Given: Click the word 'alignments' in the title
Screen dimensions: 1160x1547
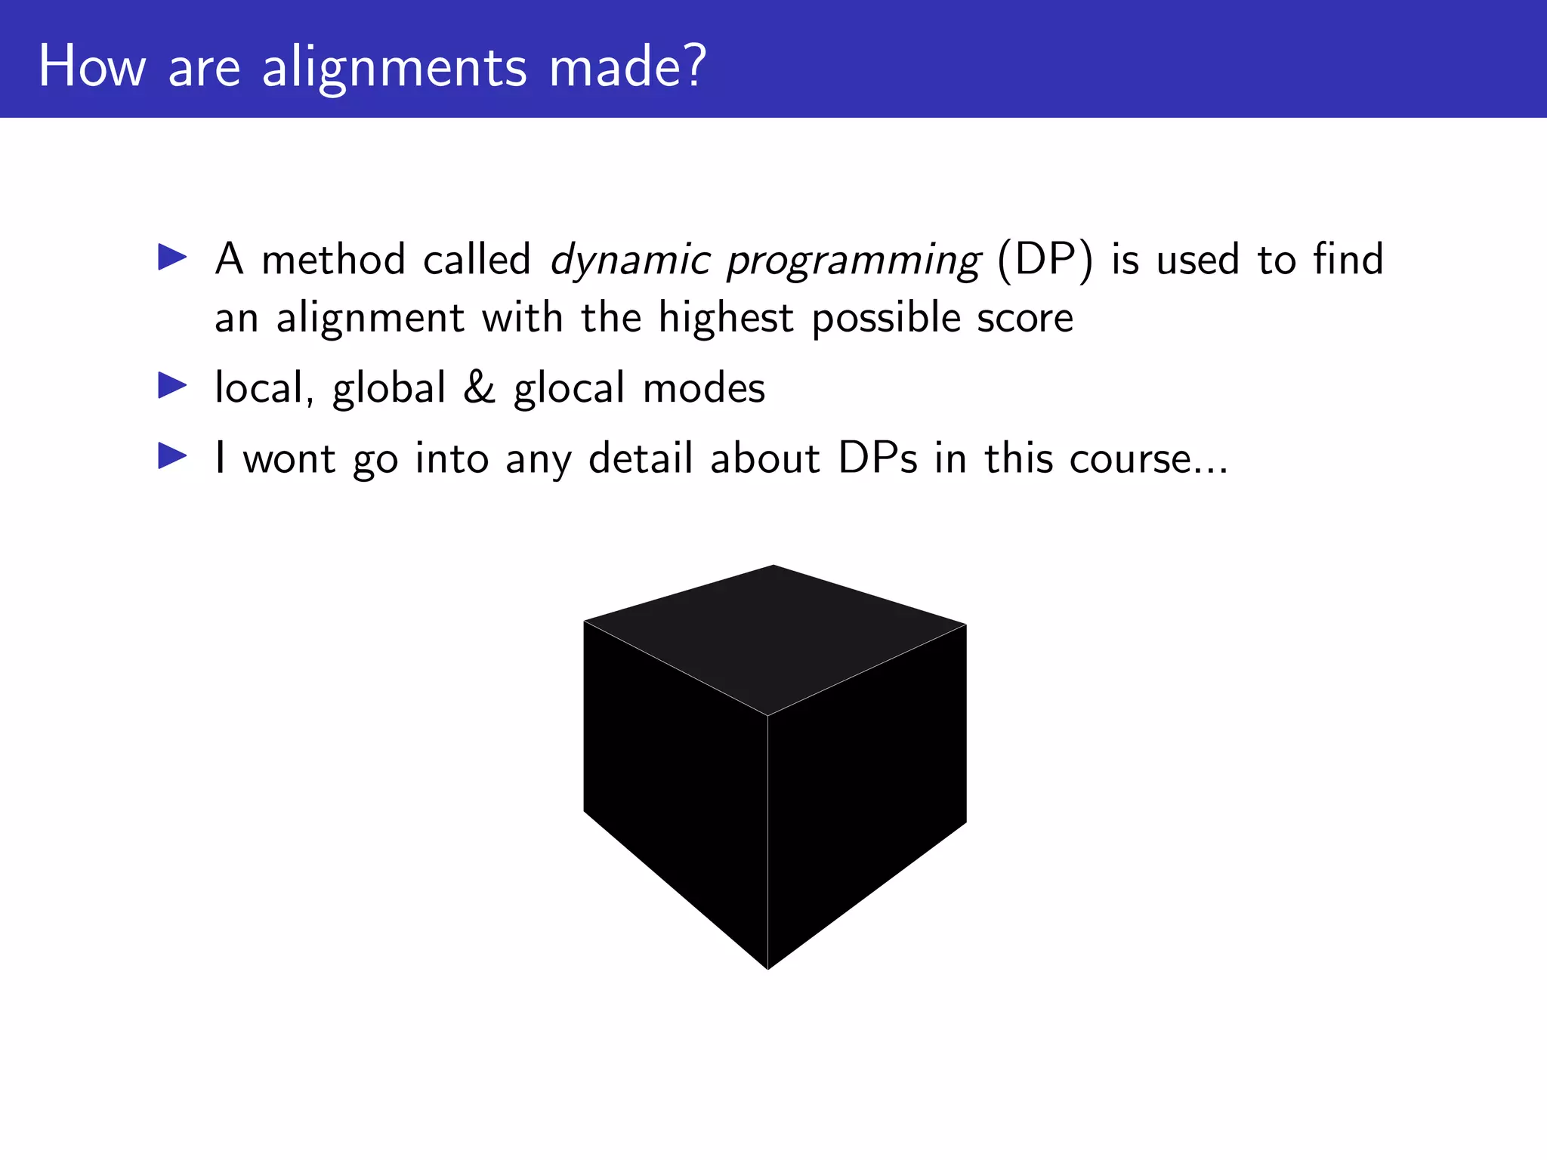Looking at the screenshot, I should pos(394,66).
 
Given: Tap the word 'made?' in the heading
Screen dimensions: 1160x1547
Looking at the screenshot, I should pos(627,66).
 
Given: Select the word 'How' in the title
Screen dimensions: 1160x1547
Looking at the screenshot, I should pos(91,66).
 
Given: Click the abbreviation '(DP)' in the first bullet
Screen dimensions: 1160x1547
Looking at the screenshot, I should pos(1045,261).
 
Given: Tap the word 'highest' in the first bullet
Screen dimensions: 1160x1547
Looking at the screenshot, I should pos(725,317).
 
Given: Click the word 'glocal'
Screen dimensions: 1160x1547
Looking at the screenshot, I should pos(569,388).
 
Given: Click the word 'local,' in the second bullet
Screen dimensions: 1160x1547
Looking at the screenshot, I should pos(264,388).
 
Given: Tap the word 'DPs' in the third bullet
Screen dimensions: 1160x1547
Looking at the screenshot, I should pos(878,458).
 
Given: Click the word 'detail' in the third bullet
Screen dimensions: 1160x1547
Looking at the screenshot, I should pos(641,458).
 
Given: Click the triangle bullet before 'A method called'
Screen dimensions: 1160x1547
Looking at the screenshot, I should pos(172,258).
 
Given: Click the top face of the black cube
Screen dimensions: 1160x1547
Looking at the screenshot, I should pos(773,634).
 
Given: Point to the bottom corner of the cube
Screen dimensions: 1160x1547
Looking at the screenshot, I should pos(768,967).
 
